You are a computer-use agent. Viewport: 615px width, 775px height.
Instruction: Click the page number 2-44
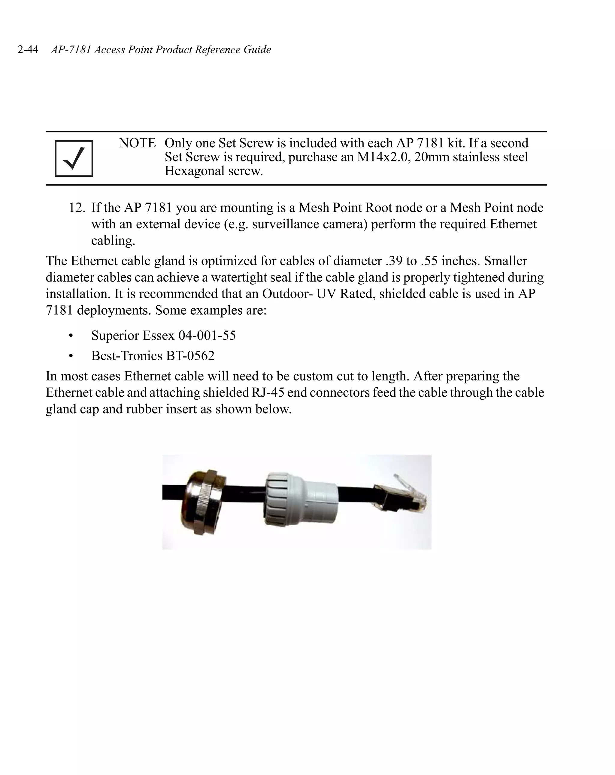point(28,50)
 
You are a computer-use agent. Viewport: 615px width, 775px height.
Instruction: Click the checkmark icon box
point(74,159)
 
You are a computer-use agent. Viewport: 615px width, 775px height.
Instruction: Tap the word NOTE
point(137,143)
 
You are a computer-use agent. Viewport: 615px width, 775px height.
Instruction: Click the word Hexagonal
point(194,171)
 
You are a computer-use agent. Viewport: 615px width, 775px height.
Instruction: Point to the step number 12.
point(77,208)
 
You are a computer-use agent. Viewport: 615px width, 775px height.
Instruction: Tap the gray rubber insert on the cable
point(300,500)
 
